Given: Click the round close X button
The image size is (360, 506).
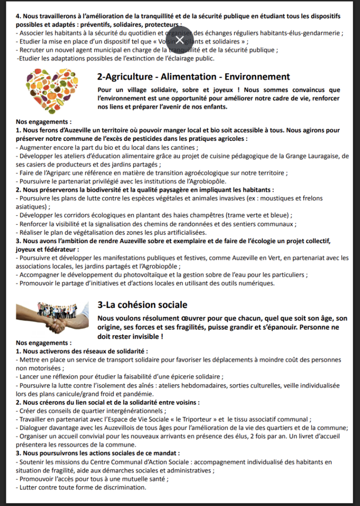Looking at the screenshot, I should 180,39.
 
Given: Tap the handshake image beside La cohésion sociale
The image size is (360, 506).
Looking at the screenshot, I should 52,317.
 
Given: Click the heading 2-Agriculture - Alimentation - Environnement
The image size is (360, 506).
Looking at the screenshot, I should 194,77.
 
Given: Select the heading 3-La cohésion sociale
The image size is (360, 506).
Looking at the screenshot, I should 142,305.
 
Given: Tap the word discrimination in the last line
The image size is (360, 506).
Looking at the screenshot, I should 122,487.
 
